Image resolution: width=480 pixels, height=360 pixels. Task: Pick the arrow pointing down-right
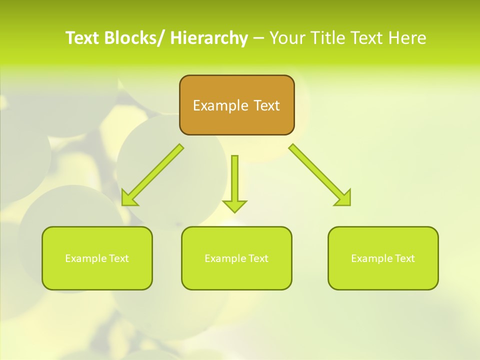point(320,175)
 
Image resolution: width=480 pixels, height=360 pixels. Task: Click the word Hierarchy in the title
point(209,38)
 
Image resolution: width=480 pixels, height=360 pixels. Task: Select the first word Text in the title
point(82,38)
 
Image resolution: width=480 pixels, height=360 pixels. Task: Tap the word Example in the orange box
point(220,106)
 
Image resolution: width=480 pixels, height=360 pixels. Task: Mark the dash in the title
point(258,38)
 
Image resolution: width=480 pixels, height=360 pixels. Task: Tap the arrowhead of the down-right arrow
point(344,198)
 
